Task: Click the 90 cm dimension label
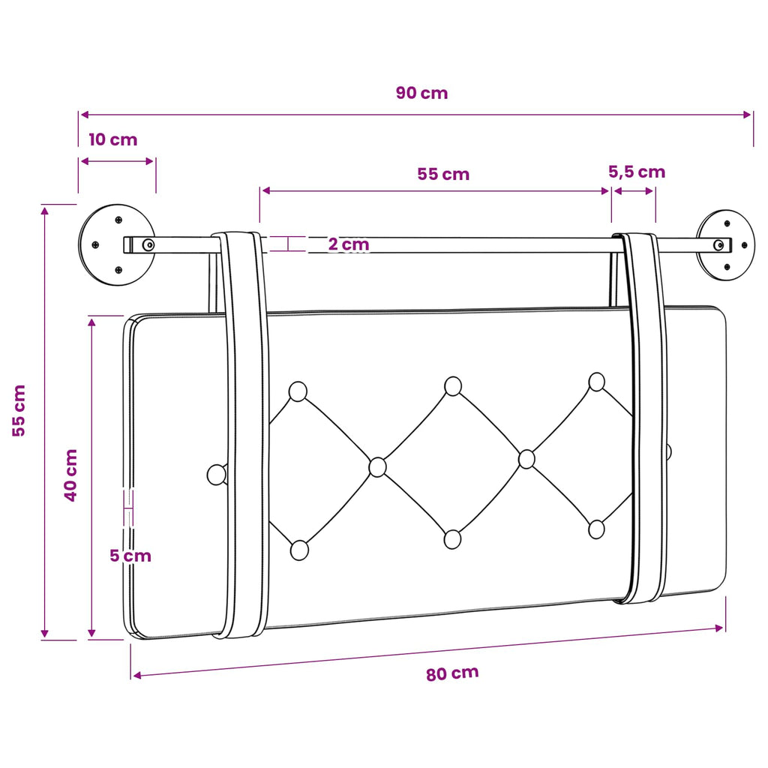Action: (421, 92)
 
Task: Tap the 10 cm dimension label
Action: (112, 139)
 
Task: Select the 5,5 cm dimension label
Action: (637, 172)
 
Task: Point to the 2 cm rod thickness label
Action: (348, 244)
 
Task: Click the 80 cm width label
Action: (452, 673)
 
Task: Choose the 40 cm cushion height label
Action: (71, 475)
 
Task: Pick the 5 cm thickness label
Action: (130, 556)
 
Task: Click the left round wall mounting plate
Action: (117, 244)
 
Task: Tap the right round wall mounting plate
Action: (726, 245)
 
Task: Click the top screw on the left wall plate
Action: (118, 220)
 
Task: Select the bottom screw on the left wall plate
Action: (118, 270)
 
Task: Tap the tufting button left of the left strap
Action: (217, 475)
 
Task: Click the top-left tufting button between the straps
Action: (298, 391)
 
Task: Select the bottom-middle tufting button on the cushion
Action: (452, 539)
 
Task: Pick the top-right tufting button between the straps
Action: (596, 382)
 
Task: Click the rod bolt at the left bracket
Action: (148, 244)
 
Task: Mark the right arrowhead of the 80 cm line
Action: (719, 628)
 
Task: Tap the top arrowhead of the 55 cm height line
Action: (44, 211)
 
